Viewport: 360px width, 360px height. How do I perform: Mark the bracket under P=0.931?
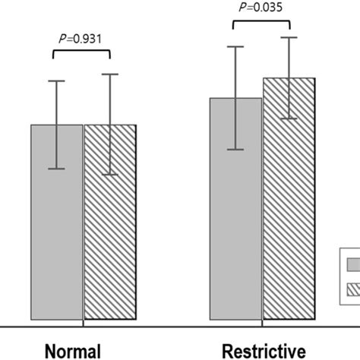[82, 52]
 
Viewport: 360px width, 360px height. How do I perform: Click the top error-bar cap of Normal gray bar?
[57, 81]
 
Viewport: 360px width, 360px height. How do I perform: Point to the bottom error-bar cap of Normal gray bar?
[57, 169]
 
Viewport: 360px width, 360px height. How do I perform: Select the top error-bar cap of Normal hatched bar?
[110, 74]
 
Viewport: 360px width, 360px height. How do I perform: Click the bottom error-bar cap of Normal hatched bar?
[110, 175]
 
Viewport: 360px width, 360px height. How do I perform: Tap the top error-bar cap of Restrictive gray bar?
[236, 46]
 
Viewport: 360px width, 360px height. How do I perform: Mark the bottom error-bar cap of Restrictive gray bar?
[236, 150]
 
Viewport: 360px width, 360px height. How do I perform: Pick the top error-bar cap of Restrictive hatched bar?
[289, 37]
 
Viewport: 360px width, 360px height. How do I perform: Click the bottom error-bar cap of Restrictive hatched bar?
[289, 118]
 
